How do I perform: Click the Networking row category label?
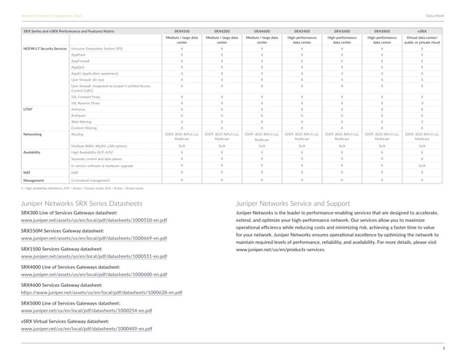(33, 134)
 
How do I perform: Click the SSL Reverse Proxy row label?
(86, 102)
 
